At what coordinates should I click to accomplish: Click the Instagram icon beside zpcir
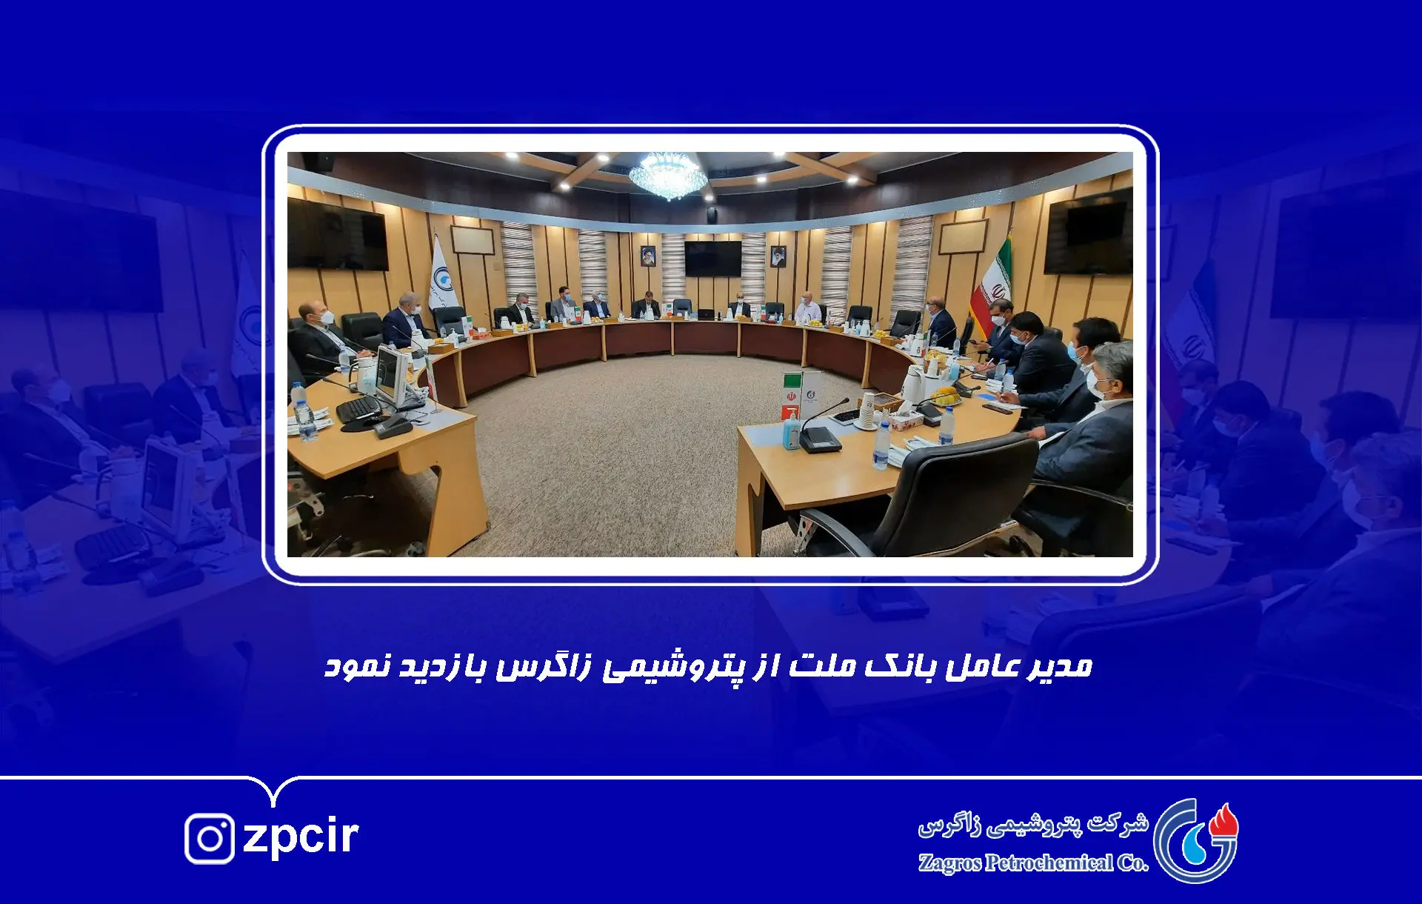click(210, 838)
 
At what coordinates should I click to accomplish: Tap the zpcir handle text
click(301, 837)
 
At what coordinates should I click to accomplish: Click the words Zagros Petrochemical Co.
click(1033, 863)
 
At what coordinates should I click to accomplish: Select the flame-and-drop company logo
click(1195, 840)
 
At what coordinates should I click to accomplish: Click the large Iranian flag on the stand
click(993, 285)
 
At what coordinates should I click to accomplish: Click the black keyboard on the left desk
click(359, 408)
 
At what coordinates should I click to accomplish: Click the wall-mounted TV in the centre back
click(712, 259)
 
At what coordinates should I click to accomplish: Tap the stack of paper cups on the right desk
click(867, 411)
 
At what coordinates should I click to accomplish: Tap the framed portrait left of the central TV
click(648, 256)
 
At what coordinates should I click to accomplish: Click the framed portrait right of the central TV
click(778, 256)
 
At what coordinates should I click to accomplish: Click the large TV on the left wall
click(337, 234)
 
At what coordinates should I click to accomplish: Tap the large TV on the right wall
click(1088, 231)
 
